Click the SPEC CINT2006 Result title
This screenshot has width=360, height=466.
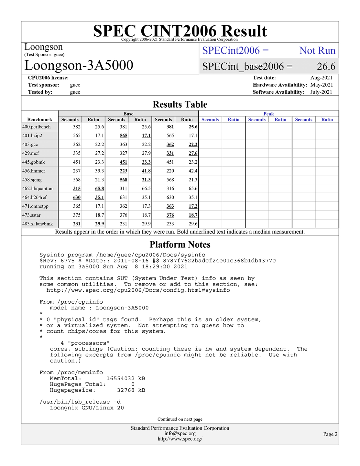[180, 31]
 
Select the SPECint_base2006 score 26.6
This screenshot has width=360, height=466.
[326, 66]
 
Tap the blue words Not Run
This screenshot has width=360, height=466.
[317, 50]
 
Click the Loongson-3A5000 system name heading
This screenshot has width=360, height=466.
[79, 65]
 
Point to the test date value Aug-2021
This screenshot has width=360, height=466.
[321, 78]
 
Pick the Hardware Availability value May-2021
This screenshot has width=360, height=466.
[321, 85]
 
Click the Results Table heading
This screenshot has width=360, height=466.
[180, 104]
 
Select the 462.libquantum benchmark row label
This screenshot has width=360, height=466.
[38, 188]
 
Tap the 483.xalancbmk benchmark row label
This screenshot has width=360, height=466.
[38, 224]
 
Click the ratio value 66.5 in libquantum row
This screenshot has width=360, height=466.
[146, 188]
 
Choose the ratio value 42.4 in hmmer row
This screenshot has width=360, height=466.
[193, 171]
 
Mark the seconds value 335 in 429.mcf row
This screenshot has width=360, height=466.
[77, 153]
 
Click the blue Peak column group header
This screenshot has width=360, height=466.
[268, 114]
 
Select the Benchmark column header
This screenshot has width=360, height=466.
[40, 119]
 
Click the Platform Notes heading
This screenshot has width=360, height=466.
[180, 244]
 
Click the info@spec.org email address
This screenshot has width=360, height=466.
[180, 434]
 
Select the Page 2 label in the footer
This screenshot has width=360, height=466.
[330, 434]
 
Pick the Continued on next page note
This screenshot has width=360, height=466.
[180, 419]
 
